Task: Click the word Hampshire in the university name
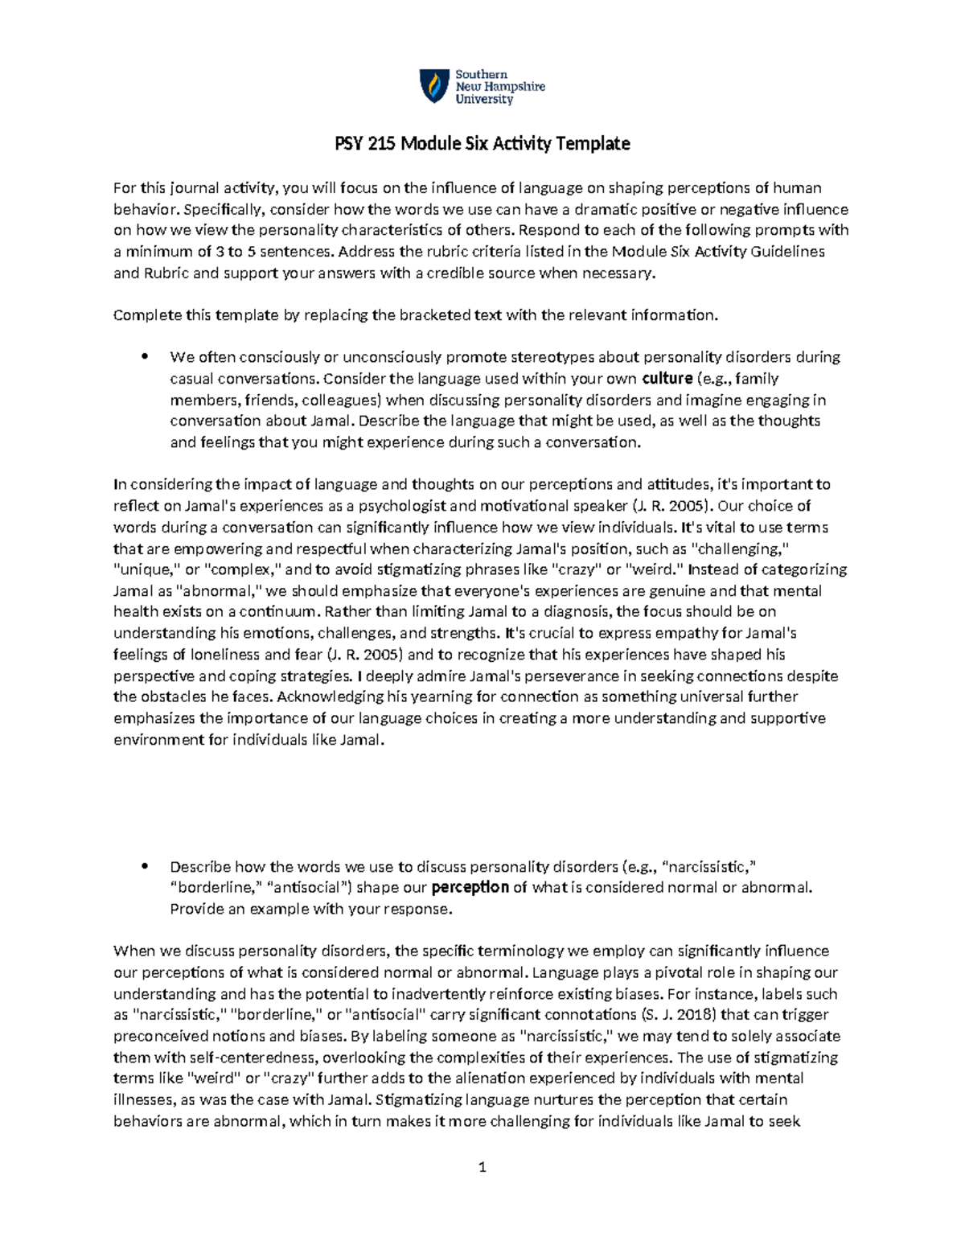coord(513,87)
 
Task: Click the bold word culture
coord(667,378)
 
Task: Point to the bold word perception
coord(470,888)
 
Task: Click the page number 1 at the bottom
coord(482,1167)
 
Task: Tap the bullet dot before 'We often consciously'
coord(145,357)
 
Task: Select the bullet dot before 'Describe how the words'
coord(145,867)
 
